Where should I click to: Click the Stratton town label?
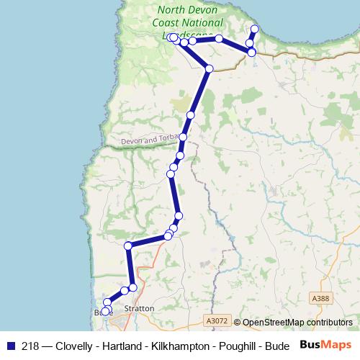139,308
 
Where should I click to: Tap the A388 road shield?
320,298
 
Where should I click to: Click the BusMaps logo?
325,345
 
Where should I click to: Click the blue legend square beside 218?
9,346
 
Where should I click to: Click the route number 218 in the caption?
30,346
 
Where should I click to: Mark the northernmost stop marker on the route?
254,29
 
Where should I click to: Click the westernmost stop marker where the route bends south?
128,246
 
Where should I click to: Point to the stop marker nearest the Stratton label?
132,288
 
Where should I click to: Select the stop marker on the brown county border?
209,68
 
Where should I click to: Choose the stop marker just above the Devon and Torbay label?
190,115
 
